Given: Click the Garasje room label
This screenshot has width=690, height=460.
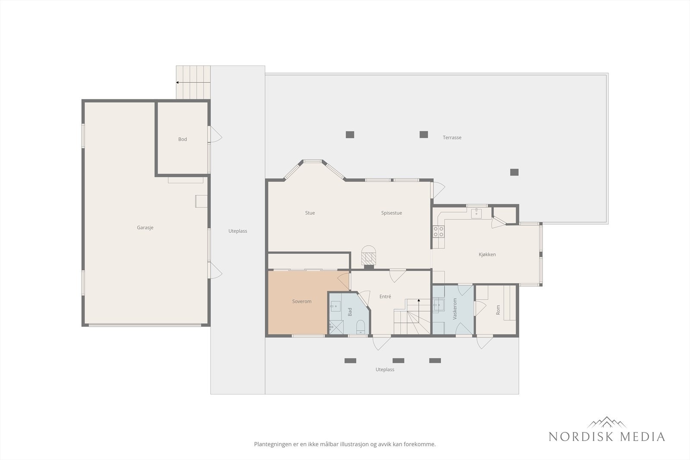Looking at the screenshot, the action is pos(145,228).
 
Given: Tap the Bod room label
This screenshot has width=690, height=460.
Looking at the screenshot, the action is pos(182,139).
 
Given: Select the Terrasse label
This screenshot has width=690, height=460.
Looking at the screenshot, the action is pos(452,138).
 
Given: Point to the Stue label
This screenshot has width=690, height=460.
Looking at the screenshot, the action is pos(310,213).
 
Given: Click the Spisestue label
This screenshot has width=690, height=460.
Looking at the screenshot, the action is pos(392,213).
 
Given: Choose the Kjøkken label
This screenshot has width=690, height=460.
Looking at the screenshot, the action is pos(487,254).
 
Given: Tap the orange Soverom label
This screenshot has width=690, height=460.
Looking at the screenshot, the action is pos(301,301).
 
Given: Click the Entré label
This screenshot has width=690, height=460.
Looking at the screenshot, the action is pos(385,296).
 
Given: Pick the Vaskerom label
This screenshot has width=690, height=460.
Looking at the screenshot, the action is pos(455,309).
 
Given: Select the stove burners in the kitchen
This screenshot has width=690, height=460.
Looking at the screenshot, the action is pos(438,231).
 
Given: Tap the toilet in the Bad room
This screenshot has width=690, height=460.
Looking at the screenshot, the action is pos(361,327).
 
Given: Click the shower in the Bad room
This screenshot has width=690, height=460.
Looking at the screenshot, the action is pos(336,327).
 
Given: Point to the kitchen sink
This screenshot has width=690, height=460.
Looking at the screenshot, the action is pos(476,213).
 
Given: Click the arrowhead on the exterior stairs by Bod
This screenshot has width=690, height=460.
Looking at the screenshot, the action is pos(177,82).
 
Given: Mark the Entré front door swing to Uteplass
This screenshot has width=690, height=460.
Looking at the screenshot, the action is pos(382,343).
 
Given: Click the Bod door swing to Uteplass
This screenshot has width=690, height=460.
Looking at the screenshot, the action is pos(215,135).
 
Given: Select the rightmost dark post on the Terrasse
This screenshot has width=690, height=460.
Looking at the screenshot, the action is pos(514,172).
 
